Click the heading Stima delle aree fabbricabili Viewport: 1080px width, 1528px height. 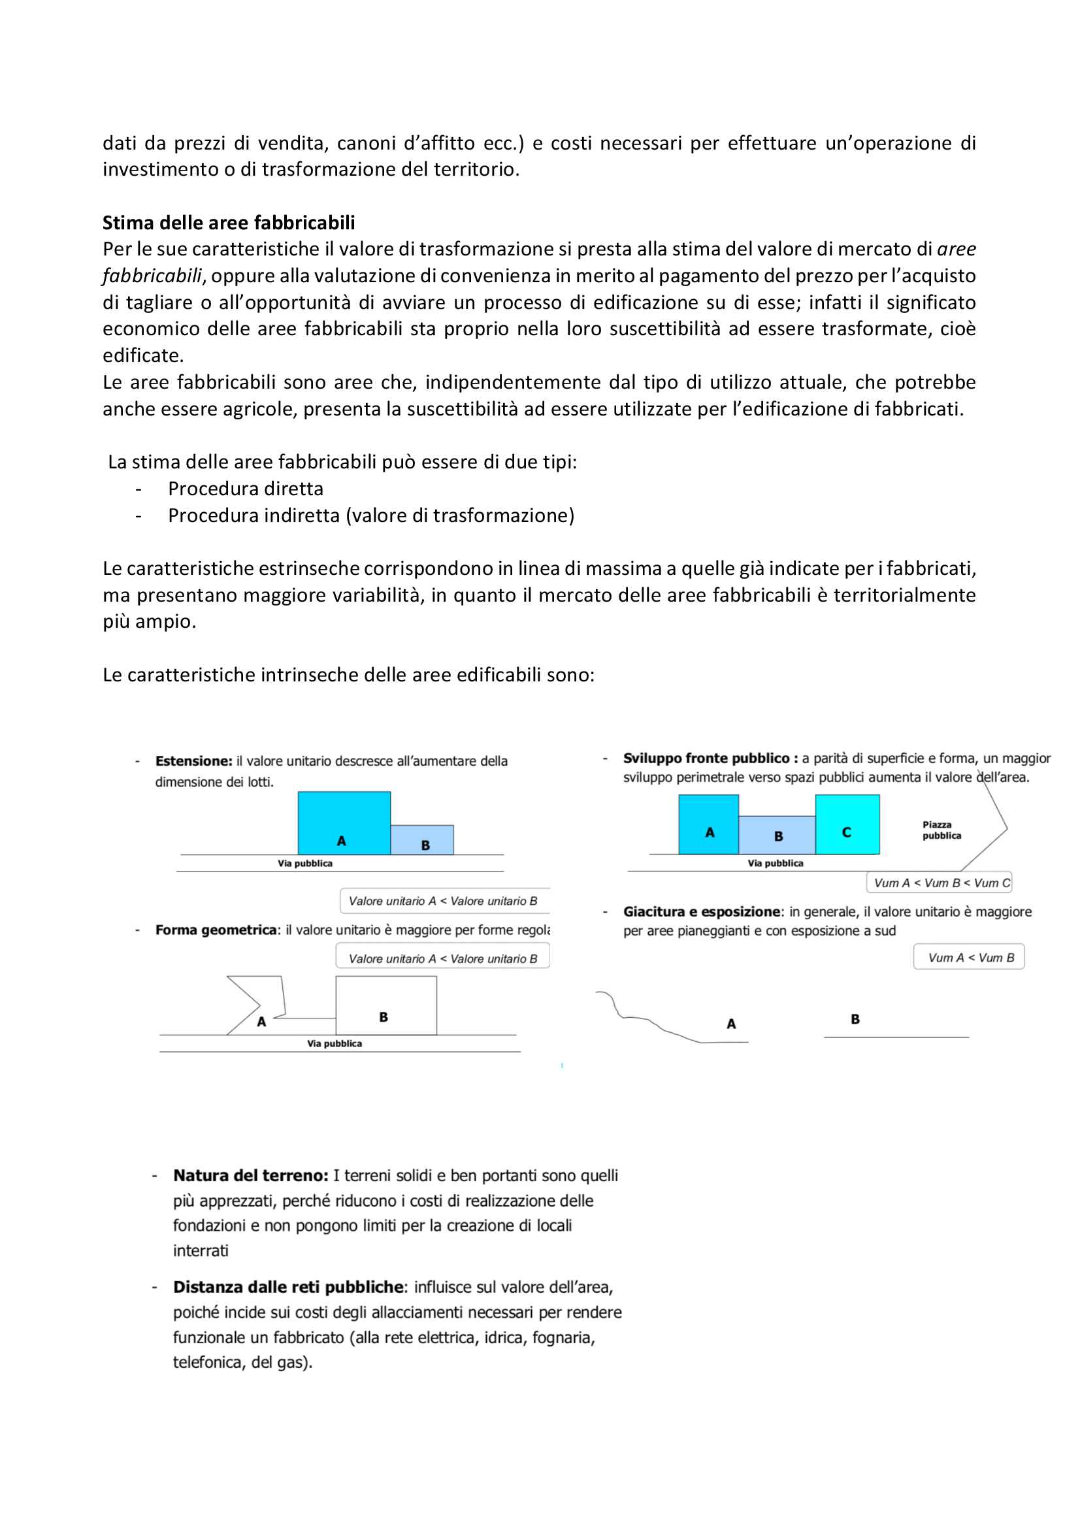coord(228,222)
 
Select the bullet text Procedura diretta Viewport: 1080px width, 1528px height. coord(246,489)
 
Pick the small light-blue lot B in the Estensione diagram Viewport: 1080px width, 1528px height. coord(422,839)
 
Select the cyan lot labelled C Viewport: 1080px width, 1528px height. coord(847,824)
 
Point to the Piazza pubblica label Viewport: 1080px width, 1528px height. coord(941,830)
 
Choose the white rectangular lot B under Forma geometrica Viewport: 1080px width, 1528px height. coord(386,1005)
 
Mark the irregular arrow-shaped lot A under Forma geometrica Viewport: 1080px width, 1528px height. coord(256,1005)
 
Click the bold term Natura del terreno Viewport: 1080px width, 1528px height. coord(251,1176)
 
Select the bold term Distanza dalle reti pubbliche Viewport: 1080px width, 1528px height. coord(289,1287)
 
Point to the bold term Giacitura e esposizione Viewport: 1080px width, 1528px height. coord(701,912)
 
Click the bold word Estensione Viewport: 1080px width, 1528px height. coord(193,760)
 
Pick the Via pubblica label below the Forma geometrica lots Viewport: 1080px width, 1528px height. coord(334,1043)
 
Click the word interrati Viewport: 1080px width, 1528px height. coord(201,1251)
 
